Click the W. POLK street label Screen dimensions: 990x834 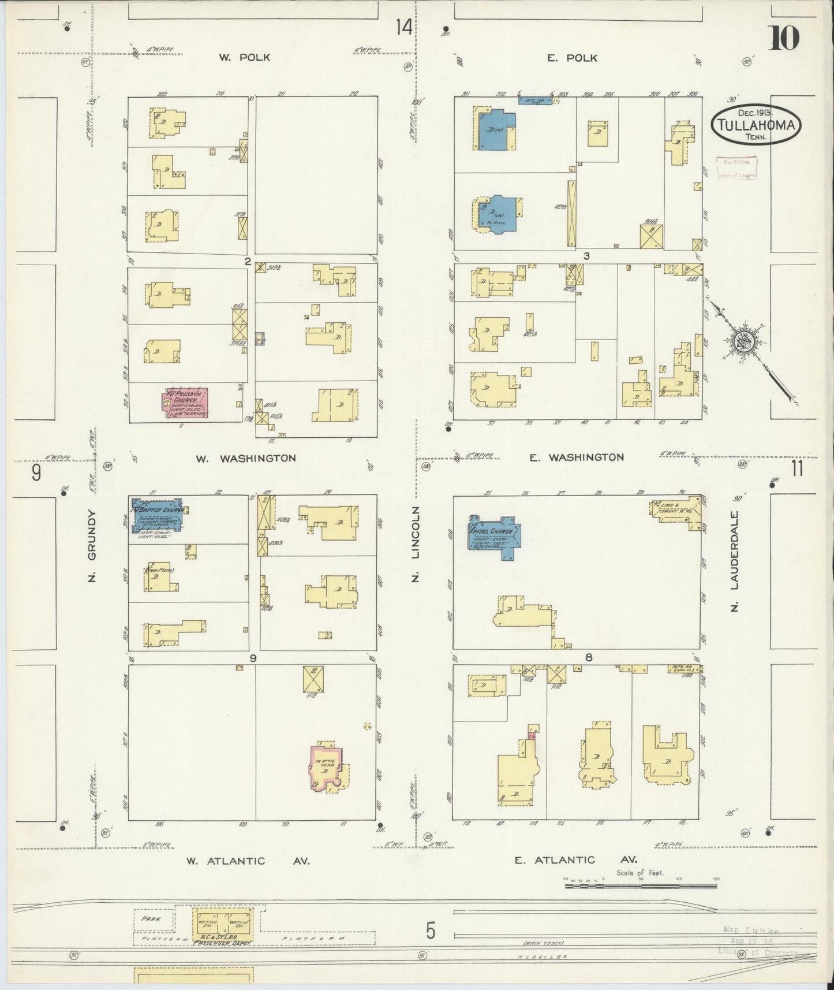tap(244, 58)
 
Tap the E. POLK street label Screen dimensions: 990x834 tap(573, 58)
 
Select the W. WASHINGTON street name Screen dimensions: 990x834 tap(246, 458)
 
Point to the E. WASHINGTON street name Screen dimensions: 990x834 tap(577, 457)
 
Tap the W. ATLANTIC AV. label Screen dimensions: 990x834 tap(248, 861)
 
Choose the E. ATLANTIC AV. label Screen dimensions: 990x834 tap(575, 860)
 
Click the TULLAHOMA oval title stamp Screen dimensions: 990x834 tap(757, 124)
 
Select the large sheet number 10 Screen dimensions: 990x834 tap(783, 39)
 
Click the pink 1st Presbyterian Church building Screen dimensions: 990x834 tap(186, 403)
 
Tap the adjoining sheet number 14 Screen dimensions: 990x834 tap(404, 27)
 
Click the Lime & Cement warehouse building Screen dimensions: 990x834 tap(676, 509)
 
